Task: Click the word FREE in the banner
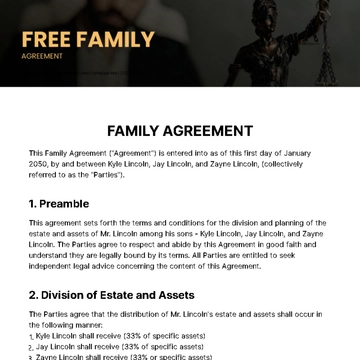tap(50, 41)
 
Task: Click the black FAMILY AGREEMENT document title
tap(180, 131)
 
